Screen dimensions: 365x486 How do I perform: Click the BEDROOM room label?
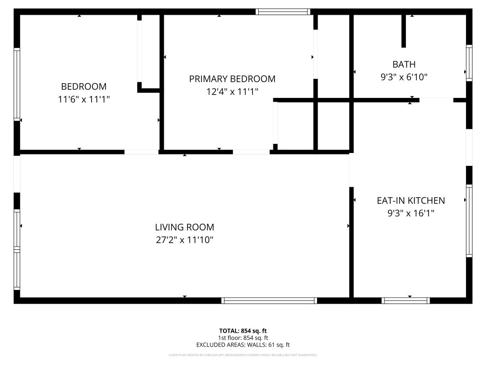click(84, 86)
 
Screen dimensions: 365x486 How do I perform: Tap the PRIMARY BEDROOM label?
click(232, 79)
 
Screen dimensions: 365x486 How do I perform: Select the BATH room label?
click(404, 64)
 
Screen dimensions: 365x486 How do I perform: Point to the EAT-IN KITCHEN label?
click(411, 201)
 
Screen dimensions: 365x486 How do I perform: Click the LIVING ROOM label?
click(185, 227)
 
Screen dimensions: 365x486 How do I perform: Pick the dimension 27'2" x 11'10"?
click(185, 240)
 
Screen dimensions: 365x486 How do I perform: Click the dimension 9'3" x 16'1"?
click(411, 213)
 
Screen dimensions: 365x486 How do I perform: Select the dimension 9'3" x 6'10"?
click(404, 77)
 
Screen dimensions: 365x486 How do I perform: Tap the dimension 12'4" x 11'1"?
click(232, 92)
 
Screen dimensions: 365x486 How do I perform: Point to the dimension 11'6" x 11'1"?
click(84, 99)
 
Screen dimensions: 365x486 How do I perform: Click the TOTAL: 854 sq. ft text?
click(243, 331)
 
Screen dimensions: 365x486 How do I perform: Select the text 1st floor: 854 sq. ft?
click(243, 338)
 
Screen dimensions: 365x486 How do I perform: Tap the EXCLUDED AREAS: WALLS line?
click(243, 345)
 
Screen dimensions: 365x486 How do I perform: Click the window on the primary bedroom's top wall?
click(283, 12)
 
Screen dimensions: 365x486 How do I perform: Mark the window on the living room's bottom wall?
click(269, 300)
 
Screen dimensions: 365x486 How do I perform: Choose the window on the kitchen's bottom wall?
click(406, 300)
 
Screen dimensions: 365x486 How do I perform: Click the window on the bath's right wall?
click(469, 63)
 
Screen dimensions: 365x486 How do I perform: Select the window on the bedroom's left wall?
click(17, 84)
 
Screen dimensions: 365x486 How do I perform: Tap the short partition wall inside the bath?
click(403, 31)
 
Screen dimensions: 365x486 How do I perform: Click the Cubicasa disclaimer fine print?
click(243, 355)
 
